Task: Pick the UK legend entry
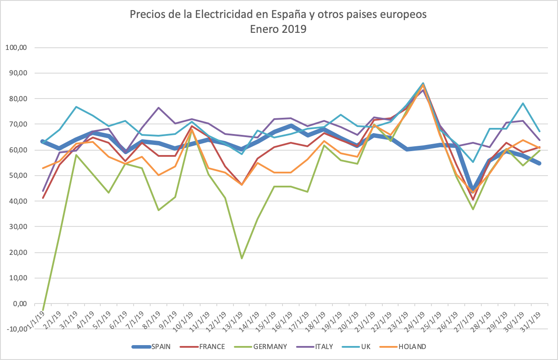pyautogui.click(x=365, y=346)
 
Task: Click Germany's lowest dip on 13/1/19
pyautogui.click(x=241, y=258)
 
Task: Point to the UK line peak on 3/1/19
pyautogui.click(x=76, y=107)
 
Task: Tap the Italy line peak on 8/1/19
pyautogui.click(x=159, y=108)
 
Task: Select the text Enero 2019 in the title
pyautogui.click(x=278, y=29)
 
